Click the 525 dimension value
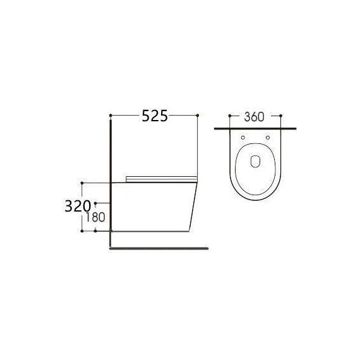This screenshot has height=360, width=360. tap(155, 116)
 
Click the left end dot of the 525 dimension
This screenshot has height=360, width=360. tap(111, 115)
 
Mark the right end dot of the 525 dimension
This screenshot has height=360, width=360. tap(198, 115)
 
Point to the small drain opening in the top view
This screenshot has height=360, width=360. tap(255, 161)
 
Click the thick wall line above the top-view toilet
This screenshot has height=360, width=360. tap(255, 128)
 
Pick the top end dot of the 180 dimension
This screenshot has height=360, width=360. tap(95, 203)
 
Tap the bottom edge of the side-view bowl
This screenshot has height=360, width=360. tap(152, 231)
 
